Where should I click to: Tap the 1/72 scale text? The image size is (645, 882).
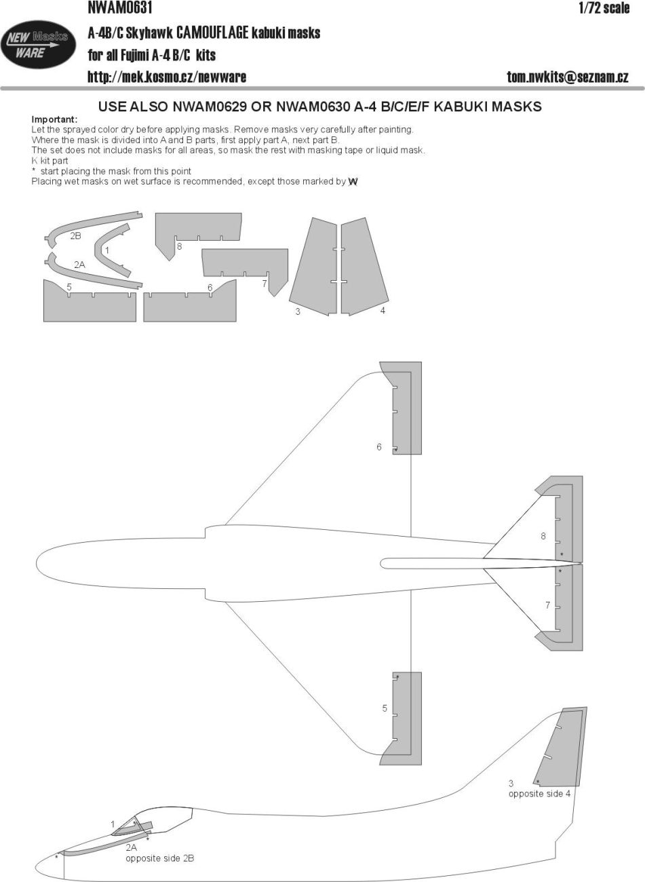(604, 8)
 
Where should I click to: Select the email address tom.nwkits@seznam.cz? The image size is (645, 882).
(567, 77)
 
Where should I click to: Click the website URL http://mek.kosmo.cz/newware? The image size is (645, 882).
(166, 77)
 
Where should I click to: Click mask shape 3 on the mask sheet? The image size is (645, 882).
(314, 268)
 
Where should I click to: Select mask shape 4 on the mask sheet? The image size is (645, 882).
(362, 268)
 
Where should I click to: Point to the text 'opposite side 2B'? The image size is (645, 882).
(159, 858)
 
